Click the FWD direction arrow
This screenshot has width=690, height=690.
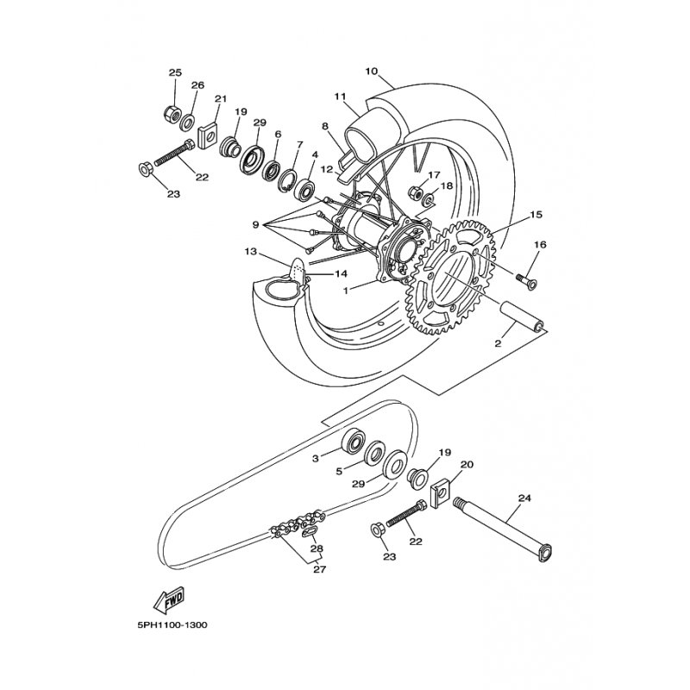click(169, 600)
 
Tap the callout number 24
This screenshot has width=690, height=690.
click(524, 499)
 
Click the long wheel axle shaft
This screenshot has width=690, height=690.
click(503, 529)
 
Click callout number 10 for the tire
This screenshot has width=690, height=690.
click(372, 72)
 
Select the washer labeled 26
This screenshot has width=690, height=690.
click(189, 122)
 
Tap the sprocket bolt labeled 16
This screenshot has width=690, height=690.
click(525, 280)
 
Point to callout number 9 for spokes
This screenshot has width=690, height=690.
click(255, 225)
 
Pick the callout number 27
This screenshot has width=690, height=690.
click(319, 569)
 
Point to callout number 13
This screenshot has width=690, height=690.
click(250, 252)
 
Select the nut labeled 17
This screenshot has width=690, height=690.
click(416, 191)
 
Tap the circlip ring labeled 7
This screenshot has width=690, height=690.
click(288, 180)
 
